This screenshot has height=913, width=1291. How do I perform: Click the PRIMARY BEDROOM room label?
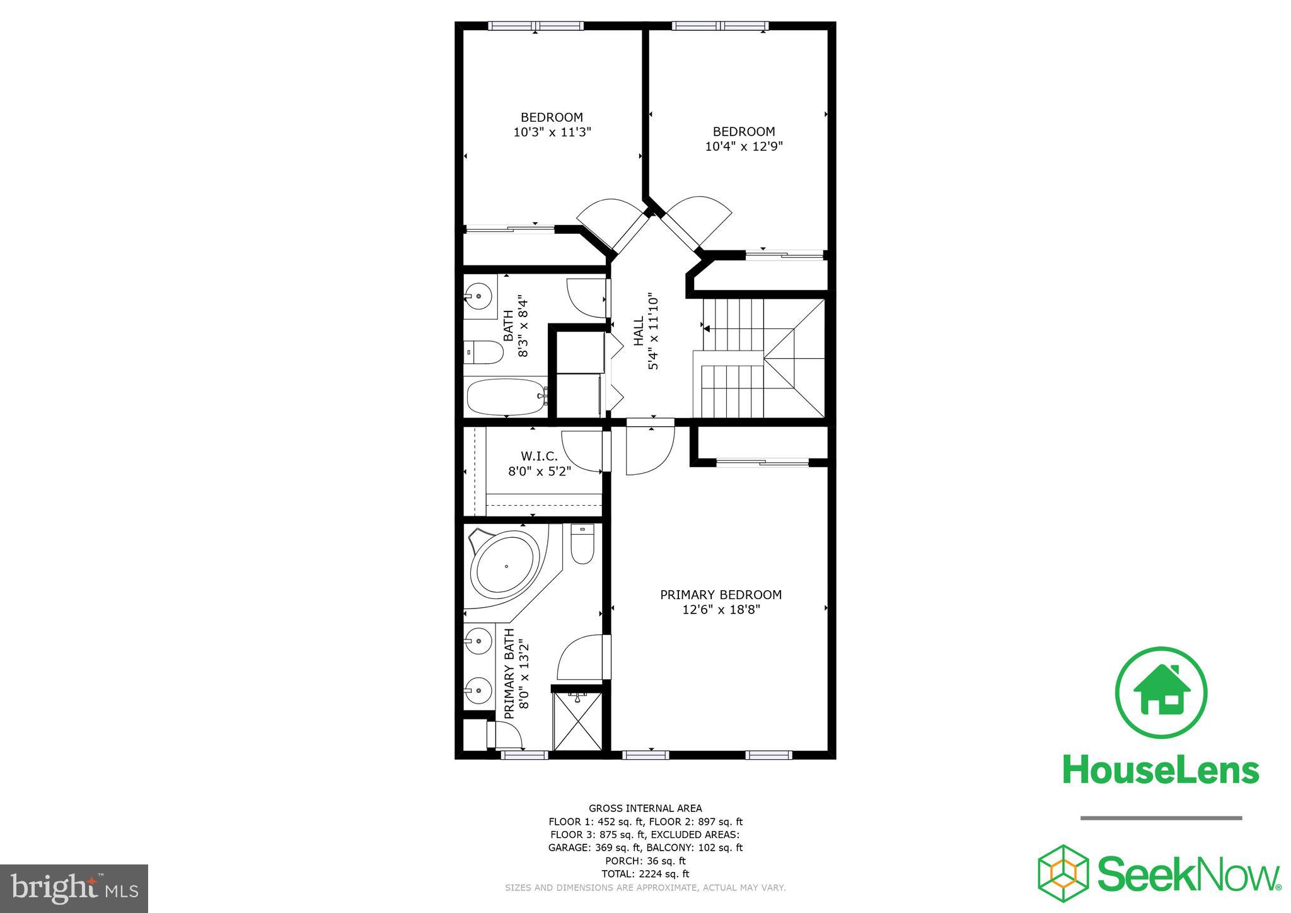click(x=721, y=595)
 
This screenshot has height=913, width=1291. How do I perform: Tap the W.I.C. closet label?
click(x=539, y=456)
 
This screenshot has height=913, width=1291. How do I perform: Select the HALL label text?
click(x=639, y=331)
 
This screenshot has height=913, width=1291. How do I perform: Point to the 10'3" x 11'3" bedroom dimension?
click(x=552, y=132)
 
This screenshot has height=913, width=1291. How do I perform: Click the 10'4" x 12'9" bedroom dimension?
click(x=744, y=147)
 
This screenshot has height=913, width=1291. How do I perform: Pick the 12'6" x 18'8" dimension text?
click(x=721, y=610)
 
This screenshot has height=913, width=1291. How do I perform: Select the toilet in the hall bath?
click(x=483, y=352)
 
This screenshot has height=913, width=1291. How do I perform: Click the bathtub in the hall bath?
click(x=506, y=397)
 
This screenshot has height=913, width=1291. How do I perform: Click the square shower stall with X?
click(x=577, y=722)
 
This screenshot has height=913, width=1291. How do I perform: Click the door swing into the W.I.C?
click(x=582, y=451)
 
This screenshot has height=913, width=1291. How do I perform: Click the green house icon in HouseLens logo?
click(x=1161, y=693)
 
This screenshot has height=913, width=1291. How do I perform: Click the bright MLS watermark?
click(x=74, y=888)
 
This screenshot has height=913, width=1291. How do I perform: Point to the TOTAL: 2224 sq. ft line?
click(x=645, y=874)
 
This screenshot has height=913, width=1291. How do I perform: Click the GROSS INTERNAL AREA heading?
click(x=645, y=808)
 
